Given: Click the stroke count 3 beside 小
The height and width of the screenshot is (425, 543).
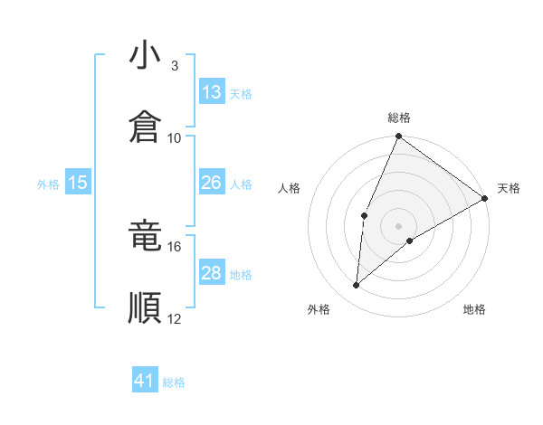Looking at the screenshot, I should pos(174,66).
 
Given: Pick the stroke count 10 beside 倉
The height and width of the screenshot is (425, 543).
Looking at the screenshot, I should pos(175,137).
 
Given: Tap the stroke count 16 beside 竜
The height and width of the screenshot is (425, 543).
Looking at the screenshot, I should pos(175,246).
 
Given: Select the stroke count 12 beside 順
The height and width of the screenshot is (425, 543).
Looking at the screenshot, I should pos(175,318).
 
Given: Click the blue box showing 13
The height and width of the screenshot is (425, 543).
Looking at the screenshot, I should pos(212,92).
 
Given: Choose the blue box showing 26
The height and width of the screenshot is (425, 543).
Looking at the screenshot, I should pos(212,183).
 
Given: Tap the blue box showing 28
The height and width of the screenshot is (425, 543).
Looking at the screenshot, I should pos(212,273).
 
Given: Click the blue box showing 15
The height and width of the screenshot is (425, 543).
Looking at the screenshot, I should pos(78,183).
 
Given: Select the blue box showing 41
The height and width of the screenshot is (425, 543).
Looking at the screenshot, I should pos(145,381).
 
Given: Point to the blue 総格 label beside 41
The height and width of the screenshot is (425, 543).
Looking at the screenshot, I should pos(174,382).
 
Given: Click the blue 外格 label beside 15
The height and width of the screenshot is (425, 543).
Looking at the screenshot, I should pos(48,184).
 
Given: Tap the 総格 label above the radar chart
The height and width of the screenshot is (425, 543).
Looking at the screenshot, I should pos(399,118).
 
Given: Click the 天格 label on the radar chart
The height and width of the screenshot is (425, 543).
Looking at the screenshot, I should pos(509,188).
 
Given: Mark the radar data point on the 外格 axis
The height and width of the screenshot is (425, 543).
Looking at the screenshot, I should pos(357,286).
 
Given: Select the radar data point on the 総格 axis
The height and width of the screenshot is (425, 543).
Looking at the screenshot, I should pos(399,137).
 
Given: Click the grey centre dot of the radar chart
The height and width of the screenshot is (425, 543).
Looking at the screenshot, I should pos(399,225).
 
